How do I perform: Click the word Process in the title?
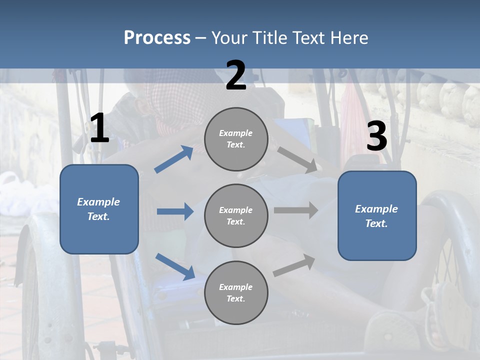pyautogui.click(x=157, y=38)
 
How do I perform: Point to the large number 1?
pyautogui.click(x=99, y=128)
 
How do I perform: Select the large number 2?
pyautogui.click(x=236, y=75)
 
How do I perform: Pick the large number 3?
pyautogui.click(x=376, y=137)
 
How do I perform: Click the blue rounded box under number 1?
pyautogui.click(x=99, y=209)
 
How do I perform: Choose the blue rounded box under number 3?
pyautogui.click(x=377, y=215)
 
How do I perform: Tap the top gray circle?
pyautogui.click(x=236, y=139)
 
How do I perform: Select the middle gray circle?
pyautogui.click(x=236, y=215)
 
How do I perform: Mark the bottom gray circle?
pyautogui.click(x=236, y=292)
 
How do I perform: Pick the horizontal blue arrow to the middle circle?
pyautogui.click(x=175, y=211)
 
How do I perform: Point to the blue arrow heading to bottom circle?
pyautogui.click(x=175, y=266)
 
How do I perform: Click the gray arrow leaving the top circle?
pyautogui.click(x=297, y=159)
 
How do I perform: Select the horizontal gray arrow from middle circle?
pyautogui.click(x=296, y=210)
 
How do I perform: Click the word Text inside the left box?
pyautogui.click(x=99, y=216)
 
